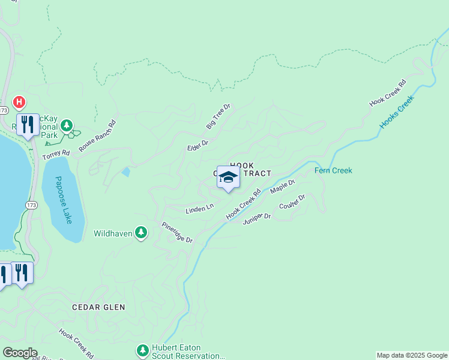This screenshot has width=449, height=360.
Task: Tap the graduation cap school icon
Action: pos(228,177)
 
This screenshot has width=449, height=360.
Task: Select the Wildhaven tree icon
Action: pos(141,232)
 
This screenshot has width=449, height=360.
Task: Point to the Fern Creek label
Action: pos(333,170)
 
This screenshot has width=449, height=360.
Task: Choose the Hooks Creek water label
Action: pos(397,112)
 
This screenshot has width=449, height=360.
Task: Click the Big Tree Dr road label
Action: pos(218,116)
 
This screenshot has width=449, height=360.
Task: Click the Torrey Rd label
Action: pos(56,154)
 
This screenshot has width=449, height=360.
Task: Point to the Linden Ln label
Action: pos(199,208)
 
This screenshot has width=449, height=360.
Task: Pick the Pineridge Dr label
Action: pos(176,232)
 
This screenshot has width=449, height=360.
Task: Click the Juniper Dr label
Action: pos(257,218)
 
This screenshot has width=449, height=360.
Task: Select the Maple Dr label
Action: pos(283,186)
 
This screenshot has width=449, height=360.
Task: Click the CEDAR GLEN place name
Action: pos(98,307)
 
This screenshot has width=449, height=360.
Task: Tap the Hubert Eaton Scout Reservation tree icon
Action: pos(142,350)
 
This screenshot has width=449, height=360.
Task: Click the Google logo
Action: pos(19,353)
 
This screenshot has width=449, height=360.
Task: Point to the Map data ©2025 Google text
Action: pos(412,355)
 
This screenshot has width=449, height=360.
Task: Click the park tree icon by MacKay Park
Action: pos(67,126)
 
